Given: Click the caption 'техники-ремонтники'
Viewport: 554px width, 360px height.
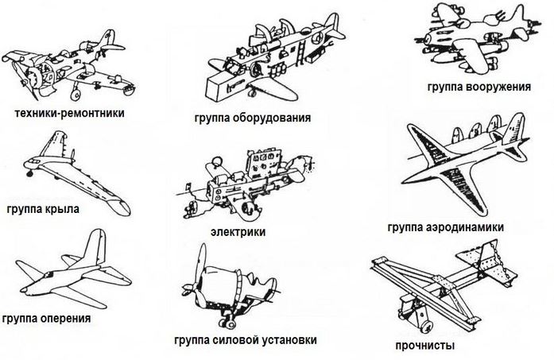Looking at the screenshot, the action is pos(70,114).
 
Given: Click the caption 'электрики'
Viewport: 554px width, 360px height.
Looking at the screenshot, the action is pos(238,232).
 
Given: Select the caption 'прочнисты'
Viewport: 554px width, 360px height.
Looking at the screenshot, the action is pos(425,346).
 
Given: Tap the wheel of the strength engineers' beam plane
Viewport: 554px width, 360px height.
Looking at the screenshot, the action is pos(427,327).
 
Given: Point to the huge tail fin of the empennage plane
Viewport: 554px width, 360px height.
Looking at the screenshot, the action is pos(94,247).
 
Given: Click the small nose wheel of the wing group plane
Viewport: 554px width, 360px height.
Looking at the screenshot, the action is pos(30,173).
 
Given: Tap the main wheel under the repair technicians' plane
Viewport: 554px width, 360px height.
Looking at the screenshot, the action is pos(76,95).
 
